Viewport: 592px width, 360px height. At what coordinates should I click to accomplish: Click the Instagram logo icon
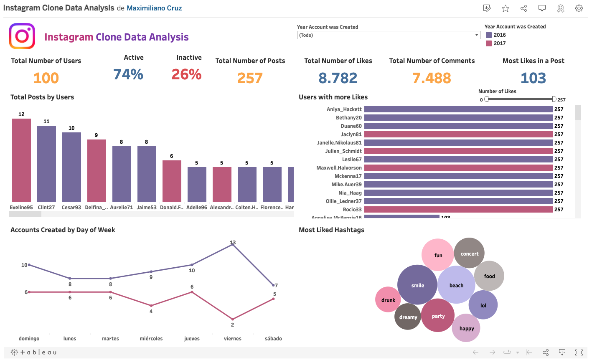tap(22, 36)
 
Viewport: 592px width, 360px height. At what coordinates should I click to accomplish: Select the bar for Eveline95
tap(21, 160)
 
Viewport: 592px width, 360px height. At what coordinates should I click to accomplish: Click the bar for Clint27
tap(46, 164)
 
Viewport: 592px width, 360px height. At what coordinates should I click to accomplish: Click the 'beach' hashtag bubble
tap(456, 285)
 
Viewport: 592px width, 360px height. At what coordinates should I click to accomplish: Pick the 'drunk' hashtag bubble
tap(388, 300)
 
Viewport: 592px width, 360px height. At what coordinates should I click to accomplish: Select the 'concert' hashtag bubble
tap(469, 254)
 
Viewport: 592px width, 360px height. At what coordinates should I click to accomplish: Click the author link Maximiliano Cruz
tap(154, 8)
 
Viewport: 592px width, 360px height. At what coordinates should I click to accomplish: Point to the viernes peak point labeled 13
tap(233, 245)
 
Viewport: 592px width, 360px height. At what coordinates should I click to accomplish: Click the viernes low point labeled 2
tap(233, 319)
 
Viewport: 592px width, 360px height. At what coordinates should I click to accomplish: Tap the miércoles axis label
tap(151, 339)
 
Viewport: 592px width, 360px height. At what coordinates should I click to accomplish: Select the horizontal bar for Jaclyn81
tap(458, 134)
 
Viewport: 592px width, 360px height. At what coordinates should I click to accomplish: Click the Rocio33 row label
tap(352, 210)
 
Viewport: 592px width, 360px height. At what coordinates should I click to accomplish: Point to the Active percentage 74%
tap(128, 74)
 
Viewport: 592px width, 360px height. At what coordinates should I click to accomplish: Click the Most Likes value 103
tap(533, 78)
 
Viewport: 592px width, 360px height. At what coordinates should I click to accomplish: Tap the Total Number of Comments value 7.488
tap(432, 78)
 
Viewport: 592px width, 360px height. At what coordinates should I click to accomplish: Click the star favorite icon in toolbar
tap(506, 8)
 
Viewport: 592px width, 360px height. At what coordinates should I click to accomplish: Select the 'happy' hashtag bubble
tap(466, 328)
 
